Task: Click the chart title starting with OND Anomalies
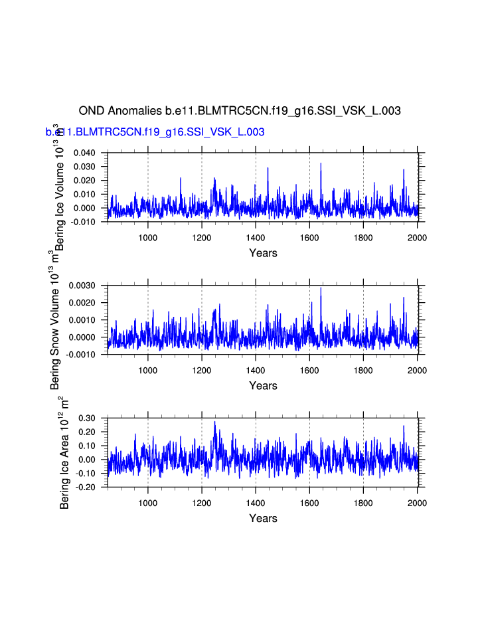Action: [240, 111]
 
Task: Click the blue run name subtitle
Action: [155, 132]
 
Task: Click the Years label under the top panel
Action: [263, 253]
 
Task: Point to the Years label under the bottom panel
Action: [263, 519]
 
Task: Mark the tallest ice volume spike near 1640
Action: [321, 163]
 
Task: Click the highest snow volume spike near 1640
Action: [321, 288]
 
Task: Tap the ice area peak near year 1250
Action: [214, 422]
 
